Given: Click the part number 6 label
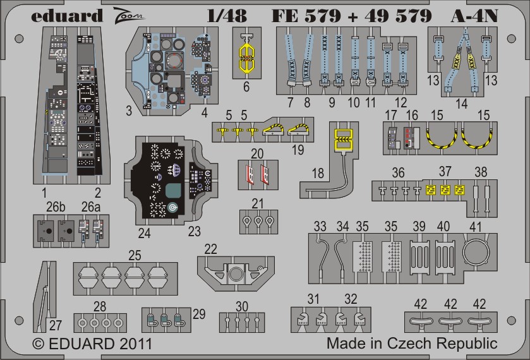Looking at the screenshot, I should [247, 87].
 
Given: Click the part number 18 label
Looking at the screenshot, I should [317, 172].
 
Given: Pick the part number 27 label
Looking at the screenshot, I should [56, 326].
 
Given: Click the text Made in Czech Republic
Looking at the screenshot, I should [412, 344].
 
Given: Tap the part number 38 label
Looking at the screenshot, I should [481, 172].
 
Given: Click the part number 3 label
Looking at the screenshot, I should [128, 111].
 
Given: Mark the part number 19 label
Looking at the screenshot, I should [298, 150].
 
